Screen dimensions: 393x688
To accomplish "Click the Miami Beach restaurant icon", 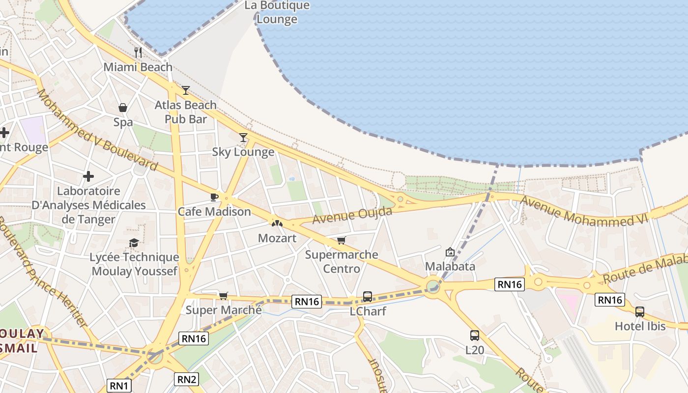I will tap(138, 52).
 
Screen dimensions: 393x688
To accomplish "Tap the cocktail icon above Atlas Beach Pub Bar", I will tap(186, 90).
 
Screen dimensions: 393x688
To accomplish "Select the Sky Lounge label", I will tap(243, 152).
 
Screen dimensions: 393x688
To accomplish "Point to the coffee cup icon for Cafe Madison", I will tap(214, 197).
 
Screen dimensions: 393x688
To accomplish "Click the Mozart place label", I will tap(277, 238).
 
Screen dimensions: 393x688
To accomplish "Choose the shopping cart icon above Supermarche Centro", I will tap(342, 240).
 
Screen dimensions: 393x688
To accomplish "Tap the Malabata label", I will tap(450, 266).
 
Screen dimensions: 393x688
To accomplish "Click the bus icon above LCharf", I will tap(368, 297).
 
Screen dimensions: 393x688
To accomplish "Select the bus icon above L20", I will tap(475, 336).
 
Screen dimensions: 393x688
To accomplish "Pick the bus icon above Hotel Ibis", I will tap(640, 311).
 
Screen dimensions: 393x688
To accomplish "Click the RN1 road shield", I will tap(119, 386).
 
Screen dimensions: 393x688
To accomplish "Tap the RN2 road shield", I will tap(187, 379).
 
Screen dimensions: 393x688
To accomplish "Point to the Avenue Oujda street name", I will tap(352, 215).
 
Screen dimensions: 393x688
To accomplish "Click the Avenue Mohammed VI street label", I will tap(584, 211).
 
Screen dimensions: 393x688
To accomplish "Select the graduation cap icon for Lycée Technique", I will tap(134, 242).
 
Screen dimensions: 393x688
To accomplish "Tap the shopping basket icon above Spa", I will tap(123, 108).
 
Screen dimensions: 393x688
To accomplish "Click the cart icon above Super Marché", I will tap(224, 295).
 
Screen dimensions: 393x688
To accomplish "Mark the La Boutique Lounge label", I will tap(277, 12).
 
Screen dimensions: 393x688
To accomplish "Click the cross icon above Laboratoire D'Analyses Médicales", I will tap(88, 176).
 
